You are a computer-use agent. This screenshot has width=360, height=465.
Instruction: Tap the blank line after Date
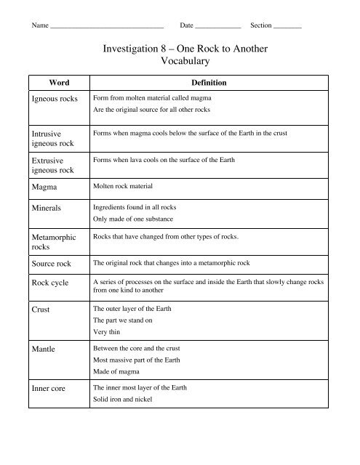click(x=217, y=27)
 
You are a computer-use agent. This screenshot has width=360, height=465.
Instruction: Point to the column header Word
click(x=58, y=83)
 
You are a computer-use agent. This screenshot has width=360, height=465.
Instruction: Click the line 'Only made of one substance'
click(x=138, y=219)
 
